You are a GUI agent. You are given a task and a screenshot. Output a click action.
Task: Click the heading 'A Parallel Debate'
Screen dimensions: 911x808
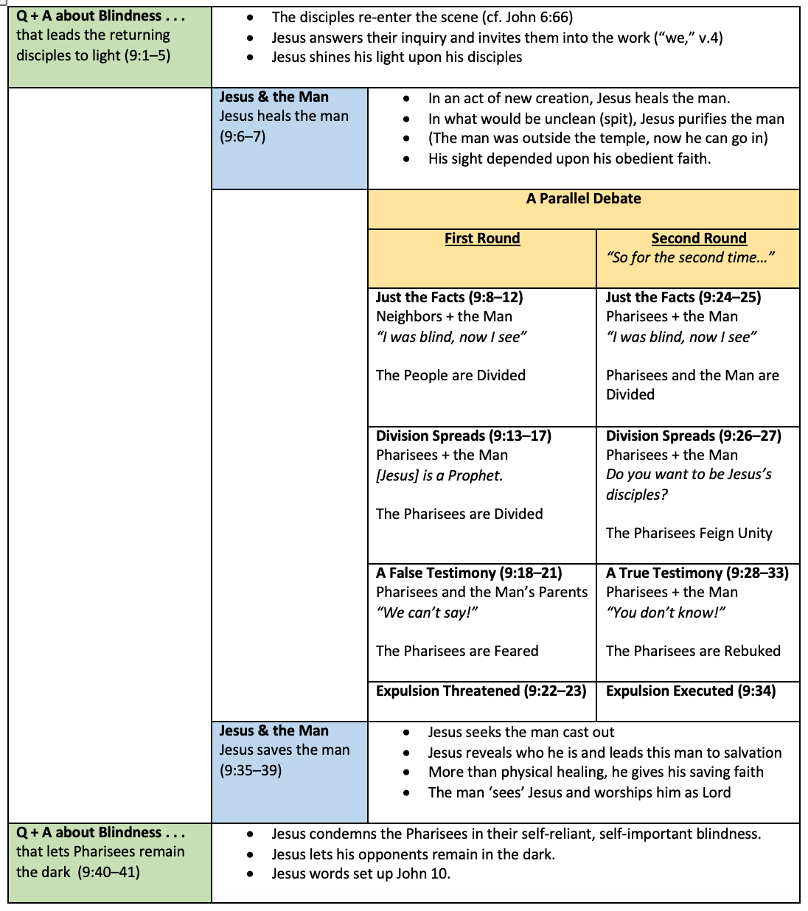[x=583, y=199]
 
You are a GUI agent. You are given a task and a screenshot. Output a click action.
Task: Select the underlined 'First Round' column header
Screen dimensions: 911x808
[x=482, y=239]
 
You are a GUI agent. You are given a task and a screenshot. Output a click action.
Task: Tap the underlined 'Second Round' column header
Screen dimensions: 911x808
[x=699, y=239]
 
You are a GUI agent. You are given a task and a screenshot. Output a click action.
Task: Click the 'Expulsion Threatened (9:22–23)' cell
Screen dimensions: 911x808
[x=481, y=691]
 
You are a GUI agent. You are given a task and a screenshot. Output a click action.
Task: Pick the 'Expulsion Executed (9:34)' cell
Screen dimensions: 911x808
[x=691, y=691]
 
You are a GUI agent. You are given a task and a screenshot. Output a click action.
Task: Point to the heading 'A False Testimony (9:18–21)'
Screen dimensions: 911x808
[x=469, y=573]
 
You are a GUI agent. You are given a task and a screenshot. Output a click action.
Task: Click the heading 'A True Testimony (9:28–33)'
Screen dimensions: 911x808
[x=697, y=573]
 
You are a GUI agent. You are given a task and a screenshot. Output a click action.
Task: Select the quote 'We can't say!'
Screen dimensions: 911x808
[x=427, y=613]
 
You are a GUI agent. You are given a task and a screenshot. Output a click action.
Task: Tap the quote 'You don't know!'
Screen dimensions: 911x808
[x=665, y=613]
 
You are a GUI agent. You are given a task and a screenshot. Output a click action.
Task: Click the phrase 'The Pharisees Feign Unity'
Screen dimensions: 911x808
[x=689, y=534]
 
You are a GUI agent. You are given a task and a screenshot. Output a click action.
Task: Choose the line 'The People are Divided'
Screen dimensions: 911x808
[x=450, y=376]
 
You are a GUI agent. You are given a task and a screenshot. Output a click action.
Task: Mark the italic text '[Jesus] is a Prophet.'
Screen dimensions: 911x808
[x=439, y=476]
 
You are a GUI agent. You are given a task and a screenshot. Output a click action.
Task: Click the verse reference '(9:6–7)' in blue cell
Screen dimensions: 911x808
[x=243, y=137]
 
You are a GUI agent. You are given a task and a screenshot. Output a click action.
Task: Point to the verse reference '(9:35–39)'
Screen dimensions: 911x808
[x=251, y=771]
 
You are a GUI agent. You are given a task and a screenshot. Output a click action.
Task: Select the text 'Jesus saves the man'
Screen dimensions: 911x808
[x=285, y=750]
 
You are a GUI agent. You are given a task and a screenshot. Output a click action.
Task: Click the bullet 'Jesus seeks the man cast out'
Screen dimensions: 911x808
[x=520, y=733]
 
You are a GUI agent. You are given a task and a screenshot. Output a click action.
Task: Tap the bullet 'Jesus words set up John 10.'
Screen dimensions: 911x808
[x=361, y=874]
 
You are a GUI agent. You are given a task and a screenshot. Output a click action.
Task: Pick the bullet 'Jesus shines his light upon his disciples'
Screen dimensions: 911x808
[x=397, y=57]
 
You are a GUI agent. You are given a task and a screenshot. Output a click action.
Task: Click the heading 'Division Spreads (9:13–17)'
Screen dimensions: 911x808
[x=463, y=436]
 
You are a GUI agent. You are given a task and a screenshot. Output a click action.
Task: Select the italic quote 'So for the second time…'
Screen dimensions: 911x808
[x=690, y=258]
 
